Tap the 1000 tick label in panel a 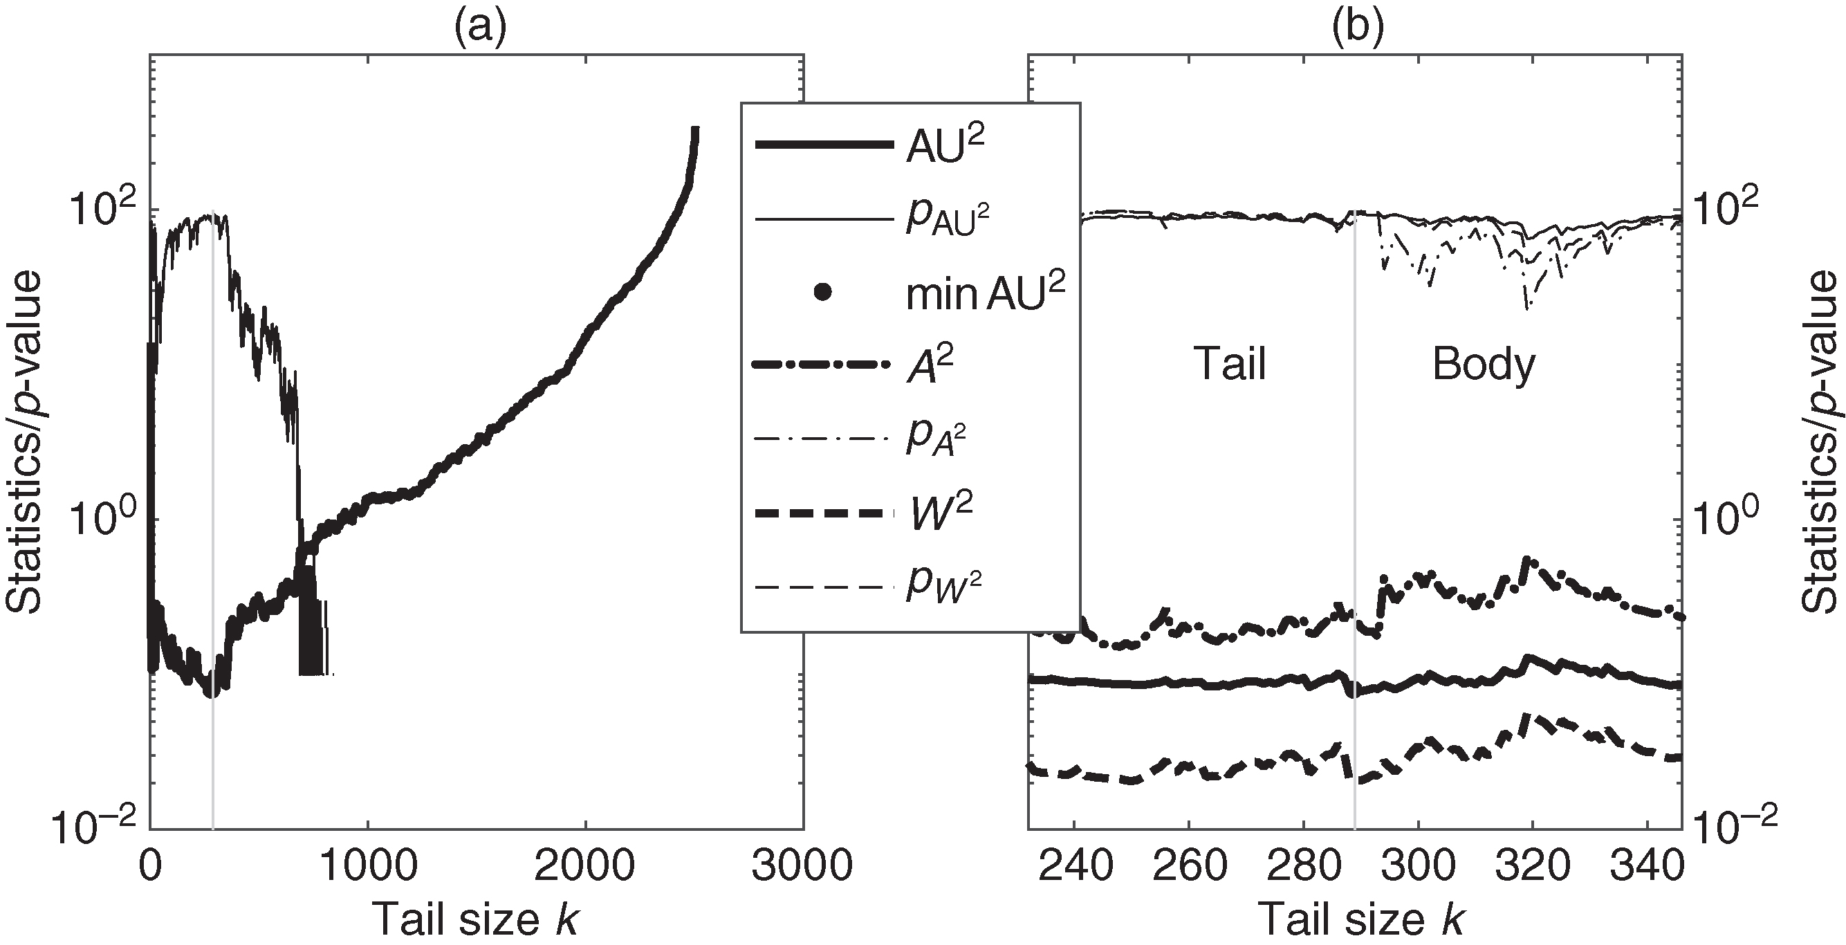pyautogui.click(x=368, y=867)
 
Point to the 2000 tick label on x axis pyautogui.click(x=585, y=867)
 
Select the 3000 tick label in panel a pyautogui.click(x=802, y=867)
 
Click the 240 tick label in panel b pyautogui.click(x=1073, y=867)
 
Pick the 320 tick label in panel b pyautogui.click(x=1532, y=867)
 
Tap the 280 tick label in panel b pyautogui.click(x=1303, y=867)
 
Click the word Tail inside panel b pyautogui.click(x=1230, y=365)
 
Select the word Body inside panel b pyautogui.click(x=1484, y=365)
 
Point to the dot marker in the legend pyautogui.click(x=823, y=293)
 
